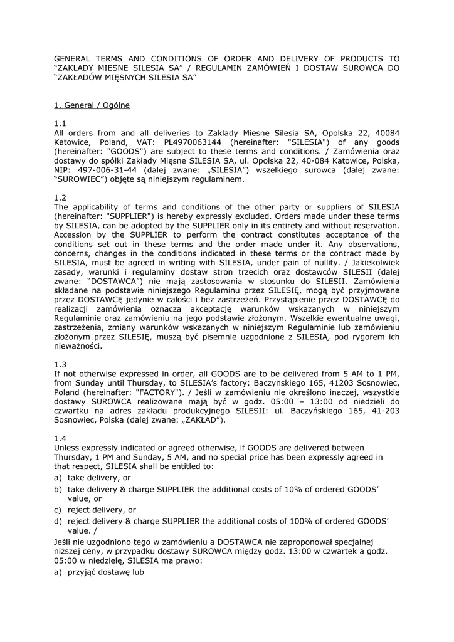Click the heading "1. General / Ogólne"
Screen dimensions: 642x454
coord(92,105)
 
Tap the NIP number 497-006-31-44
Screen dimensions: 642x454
coord(110,169)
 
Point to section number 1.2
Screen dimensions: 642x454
coord(60,197)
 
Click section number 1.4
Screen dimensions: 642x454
coord(60,438)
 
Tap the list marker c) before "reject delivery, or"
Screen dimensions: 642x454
coord(58,510)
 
